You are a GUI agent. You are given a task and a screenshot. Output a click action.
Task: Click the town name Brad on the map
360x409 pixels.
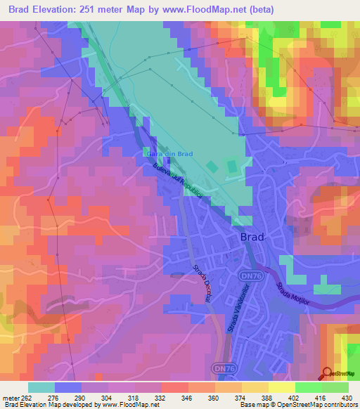[x=252, y=237]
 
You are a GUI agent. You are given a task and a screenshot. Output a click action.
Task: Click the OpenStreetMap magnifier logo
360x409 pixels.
[x=328, y=374]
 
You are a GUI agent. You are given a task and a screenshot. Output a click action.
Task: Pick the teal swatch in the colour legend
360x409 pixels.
[x=41, y=387]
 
